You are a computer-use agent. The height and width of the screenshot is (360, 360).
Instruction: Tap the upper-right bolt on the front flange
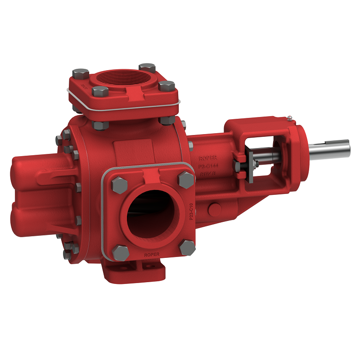pyautogui.click(x=186, y=180)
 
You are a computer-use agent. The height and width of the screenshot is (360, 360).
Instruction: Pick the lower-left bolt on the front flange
pyautogui.click(x=121, y=252)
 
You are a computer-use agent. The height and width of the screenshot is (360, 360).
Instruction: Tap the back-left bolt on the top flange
pyautogui.click(x=81, y=73)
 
